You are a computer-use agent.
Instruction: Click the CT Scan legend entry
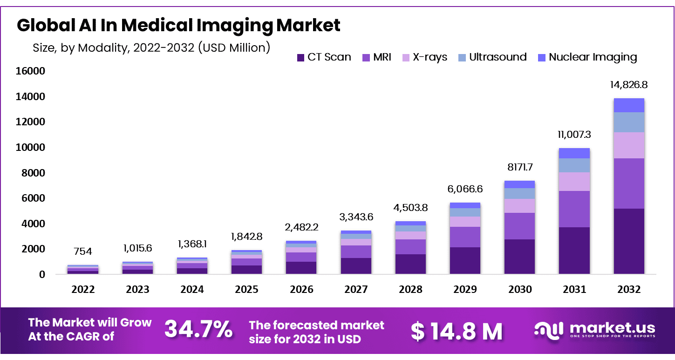click(x=324, y=57)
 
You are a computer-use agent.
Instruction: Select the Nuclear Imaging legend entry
click(x=587, y=57)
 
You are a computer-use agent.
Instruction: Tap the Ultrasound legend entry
click(x=492, y=57)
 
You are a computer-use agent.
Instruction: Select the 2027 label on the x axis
click(x=356, y=289)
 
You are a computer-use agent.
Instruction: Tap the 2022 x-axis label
click(x=83, y=289)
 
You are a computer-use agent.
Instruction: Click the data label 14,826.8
click(x=629, y=85)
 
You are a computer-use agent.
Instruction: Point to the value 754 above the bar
click(x=83, y=251)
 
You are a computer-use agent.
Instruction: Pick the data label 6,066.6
click(x=465, y=189)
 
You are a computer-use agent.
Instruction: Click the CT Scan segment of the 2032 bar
click(x=629, y=241)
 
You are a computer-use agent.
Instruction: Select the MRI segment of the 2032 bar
click(x=629, y=183)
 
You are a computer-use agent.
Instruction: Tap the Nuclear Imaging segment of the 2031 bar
click(x=574, y=153)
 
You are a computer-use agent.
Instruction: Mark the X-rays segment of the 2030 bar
click(x=519, y=206)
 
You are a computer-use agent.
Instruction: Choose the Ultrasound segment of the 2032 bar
click(x=629, y=122)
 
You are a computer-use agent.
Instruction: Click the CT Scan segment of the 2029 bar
click(x=465, y=260)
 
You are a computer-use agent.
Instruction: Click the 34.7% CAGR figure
click(x=198, y=330)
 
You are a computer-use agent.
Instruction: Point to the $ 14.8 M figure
click(x=456, y=331)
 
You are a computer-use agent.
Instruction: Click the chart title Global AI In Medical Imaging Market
click(x=178, y=25)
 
